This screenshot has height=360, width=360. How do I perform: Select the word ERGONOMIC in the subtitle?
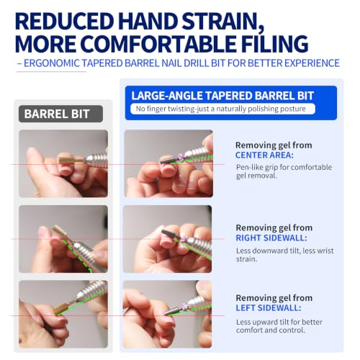tap(52, 63)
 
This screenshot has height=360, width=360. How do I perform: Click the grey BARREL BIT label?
tap(60, 114)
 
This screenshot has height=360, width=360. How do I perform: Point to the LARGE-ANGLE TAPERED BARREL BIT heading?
tap(222, 96)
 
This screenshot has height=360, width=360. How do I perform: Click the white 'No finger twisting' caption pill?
tap(222, 109)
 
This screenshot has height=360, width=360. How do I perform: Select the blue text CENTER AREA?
tap(264, 156)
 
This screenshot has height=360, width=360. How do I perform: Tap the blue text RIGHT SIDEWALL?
tap(271, 238)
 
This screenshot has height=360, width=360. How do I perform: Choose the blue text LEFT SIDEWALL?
tap(269, 308)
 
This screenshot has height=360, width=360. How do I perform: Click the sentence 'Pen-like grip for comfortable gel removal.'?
tap(284, 171)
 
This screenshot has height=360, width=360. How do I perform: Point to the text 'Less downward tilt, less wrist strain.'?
tap(284, 255)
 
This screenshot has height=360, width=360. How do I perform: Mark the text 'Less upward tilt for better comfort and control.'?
tap(279, 326)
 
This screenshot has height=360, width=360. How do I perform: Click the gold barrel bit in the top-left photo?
tap(66, 159)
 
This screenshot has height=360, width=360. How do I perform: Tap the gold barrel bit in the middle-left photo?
tap(58, 232)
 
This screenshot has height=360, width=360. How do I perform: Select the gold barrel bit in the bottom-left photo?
tap(63, 310)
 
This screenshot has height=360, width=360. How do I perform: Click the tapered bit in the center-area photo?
tap(168, 159)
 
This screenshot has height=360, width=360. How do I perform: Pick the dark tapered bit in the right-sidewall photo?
tap(170, 234)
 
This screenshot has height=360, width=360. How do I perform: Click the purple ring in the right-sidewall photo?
tap(184, 238)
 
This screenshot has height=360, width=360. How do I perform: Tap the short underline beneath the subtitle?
tap(51, 71)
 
